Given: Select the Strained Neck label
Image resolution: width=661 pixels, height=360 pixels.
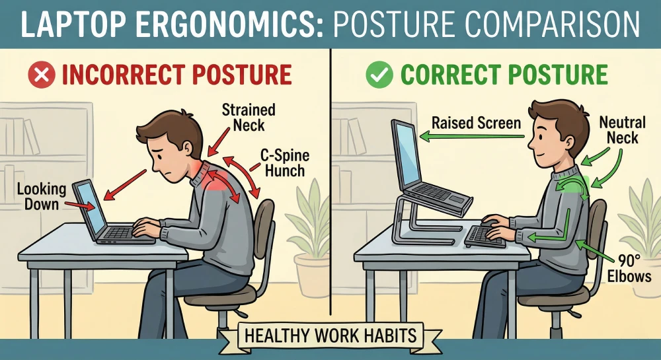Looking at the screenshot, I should pyautogui.click(x=249, y=117).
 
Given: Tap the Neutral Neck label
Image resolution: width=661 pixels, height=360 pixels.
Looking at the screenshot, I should pyautogui.click(x=619, y=129).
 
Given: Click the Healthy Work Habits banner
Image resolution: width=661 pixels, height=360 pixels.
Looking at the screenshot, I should pyautogui.click(x=330, y=334).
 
